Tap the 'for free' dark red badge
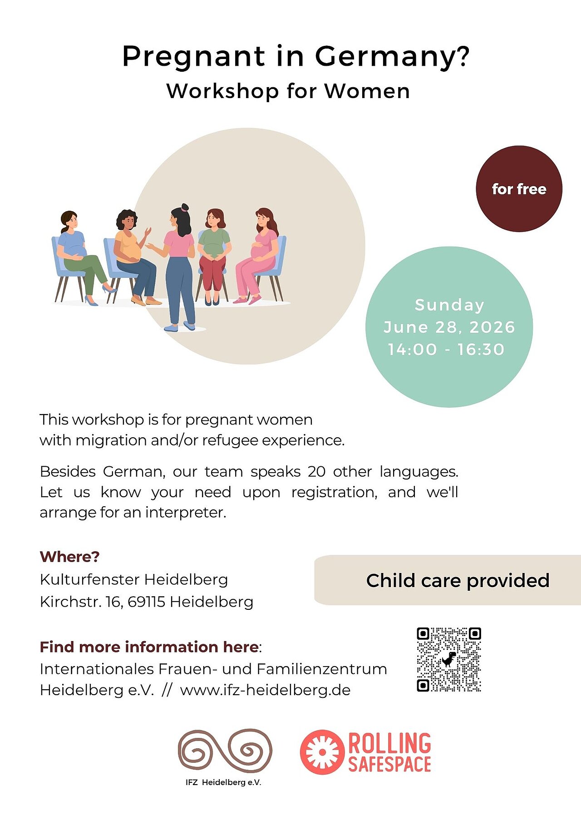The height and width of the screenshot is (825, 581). click(x=519, y=189)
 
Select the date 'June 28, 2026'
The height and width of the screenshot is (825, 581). click(x=449, y=327)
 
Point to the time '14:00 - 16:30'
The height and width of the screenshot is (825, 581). click(x=446, y=350)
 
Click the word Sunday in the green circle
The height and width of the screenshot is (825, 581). click(x=449, y=305)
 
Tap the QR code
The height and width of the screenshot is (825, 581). click(x=449, y=660)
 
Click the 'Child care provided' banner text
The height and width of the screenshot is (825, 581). click(x=458, y=581)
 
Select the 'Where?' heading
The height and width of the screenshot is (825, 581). click(x=69, y=557)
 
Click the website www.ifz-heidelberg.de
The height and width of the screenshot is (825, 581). click(x=265, y=690)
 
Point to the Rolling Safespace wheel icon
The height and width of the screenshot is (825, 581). click(x=322, y=752)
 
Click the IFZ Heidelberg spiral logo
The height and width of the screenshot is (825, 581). click(x=225, y=751)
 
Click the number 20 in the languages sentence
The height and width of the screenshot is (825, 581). click(x=317, y=472)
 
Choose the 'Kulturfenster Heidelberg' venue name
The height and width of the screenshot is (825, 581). click(x=134, y=580)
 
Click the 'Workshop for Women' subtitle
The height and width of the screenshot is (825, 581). click(x=288, y=91)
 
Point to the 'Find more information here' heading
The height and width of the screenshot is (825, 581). click(x=149, y=647)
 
